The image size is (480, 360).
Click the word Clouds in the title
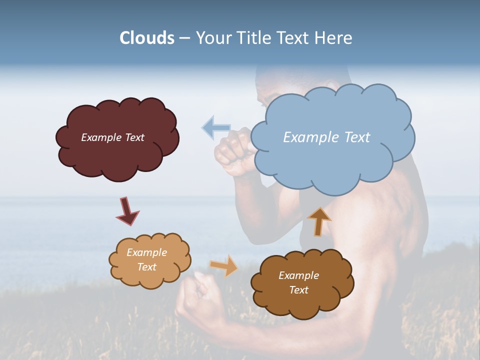pyautogui.click(x=147, y=38)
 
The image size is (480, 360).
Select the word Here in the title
pyautogui.click(x=334, y=38)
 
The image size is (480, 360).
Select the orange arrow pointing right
pyautogui.click(x=224, y=265)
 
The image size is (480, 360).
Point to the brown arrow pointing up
pyautogui.click(x=318, y=221)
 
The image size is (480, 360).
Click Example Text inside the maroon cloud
pyautogui.click(x=112, y=137)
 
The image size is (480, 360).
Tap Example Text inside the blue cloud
pyautogui.click(x=326, y=137)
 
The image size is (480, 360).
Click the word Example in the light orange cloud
pyautogui.click(x=146, y=252)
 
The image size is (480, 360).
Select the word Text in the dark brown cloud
pyautogui.click(x=299, y=290)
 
